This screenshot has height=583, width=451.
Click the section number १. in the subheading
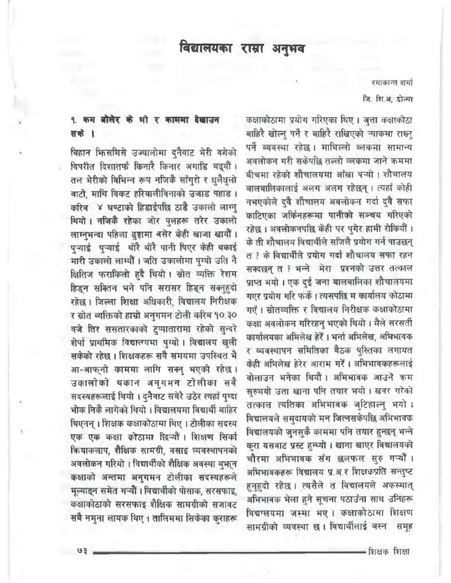(76, 118)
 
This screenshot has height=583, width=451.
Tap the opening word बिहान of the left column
(84, 150)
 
